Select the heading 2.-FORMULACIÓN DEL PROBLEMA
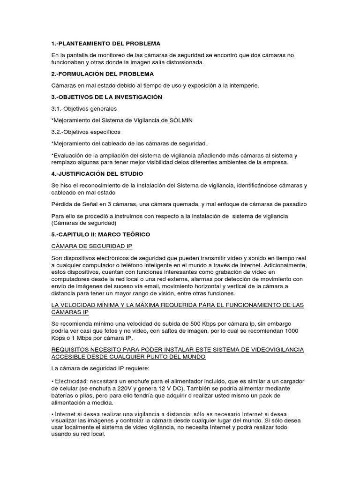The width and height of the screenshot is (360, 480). click(103, 74)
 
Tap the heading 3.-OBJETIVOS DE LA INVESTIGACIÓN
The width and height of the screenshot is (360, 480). click(107, 97)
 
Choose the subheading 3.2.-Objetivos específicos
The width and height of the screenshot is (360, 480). click(86, 132)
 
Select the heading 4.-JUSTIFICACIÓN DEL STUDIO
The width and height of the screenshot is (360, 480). click(104, 173)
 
